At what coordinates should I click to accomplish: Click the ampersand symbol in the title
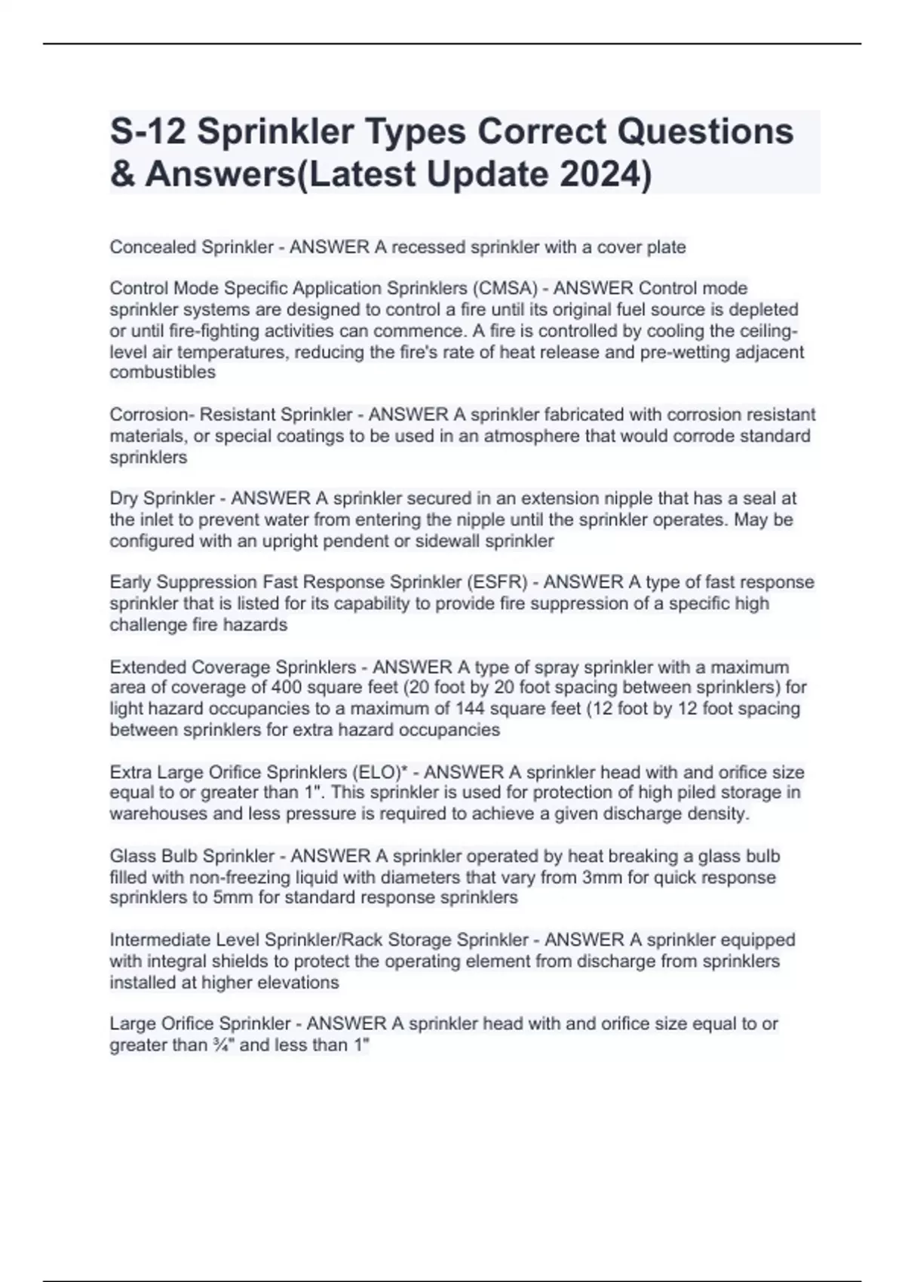(x=121, y=174)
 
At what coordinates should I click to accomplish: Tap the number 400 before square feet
(x=286, y=688)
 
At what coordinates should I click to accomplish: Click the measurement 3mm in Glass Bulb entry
(x=600, y=877)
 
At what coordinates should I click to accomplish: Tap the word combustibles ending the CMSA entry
(x=162, y=373)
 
